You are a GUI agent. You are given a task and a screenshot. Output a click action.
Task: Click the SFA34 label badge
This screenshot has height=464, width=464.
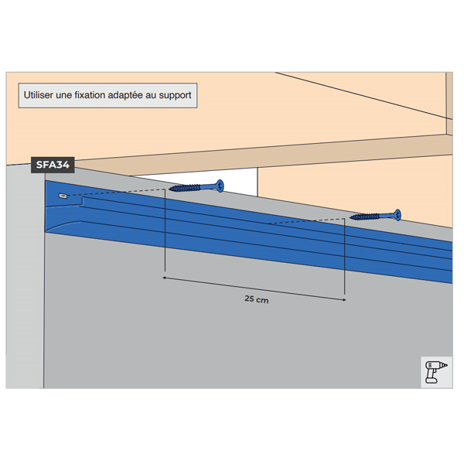[x=53, y=165]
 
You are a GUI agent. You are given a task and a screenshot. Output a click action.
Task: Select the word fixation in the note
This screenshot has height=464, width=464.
[x=90, y=95]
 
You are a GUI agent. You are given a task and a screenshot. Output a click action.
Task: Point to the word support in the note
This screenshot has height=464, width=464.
[x=176, y=96]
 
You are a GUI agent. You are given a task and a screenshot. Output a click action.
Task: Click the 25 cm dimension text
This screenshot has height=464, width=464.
[x=257, y=299]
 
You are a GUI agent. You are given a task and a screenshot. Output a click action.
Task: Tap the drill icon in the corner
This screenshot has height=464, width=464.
[x=436, y=372]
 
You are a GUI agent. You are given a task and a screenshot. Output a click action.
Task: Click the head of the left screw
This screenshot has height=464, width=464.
[x=220, y=186]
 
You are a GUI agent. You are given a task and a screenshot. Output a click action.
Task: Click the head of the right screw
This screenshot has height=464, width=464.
[x=397, y=214]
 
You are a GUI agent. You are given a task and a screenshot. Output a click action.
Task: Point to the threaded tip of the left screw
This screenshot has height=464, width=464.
[x=171, y=189]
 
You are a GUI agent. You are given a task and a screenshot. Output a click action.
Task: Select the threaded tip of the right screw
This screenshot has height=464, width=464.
[x=352, y=217]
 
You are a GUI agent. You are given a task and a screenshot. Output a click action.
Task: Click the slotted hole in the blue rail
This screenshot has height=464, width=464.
[x=63, y=196]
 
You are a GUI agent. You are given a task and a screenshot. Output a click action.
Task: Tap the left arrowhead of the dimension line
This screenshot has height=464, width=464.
[x=164, y=278]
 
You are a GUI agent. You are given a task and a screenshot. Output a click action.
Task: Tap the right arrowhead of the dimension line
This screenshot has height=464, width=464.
[x=344, y=300]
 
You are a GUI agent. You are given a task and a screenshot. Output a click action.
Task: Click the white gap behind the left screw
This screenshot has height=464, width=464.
[x=207, y=180]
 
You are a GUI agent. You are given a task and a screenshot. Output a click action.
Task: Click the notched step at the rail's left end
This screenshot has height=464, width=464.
[x=82, y=202]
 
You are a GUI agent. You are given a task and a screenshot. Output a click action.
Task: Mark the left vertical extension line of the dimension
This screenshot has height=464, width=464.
[x=165, y=230]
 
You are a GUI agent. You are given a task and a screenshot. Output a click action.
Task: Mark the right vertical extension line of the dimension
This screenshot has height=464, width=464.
[x=344, y=257]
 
